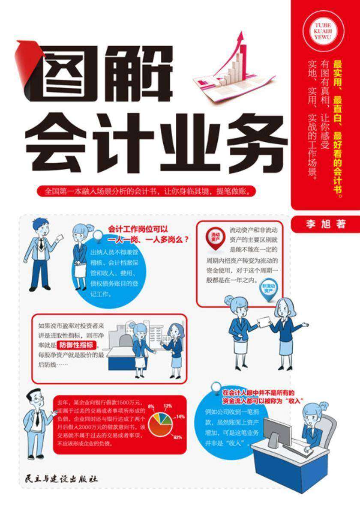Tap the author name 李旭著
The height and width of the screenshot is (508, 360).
pyautogui.click(x=324, y=224)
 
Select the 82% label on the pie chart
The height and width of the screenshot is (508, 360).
pyautogui.click(x=178, y=437)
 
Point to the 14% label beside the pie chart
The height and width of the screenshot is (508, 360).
pyautogui.click(x=180, y=416)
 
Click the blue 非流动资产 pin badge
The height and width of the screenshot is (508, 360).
pyautogui.click(x=269, y=288)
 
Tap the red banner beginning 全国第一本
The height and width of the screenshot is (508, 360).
pyautogui.click(x=147, y=191)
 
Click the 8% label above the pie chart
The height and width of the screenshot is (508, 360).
pyautogui.click(x=150, y=406)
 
